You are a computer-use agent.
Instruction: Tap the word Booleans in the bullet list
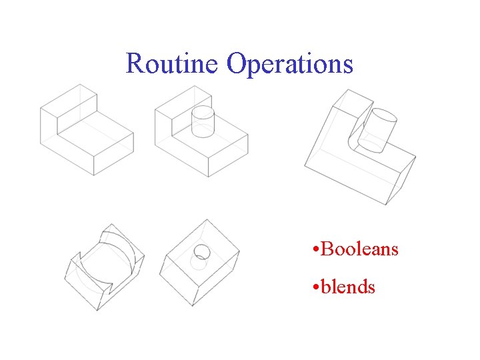[x=359, y=249]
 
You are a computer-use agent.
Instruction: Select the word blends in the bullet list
[x=348, y=287]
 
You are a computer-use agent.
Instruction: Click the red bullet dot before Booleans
[x=313, y=251]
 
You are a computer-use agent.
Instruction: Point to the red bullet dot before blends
[x=313, y=289]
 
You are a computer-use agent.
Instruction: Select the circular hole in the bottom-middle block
[x=201, y=251]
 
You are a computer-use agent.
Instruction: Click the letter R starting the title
[x=134, y=64]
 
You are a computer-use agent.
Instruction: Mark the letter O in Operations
[x=237, y=64]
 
